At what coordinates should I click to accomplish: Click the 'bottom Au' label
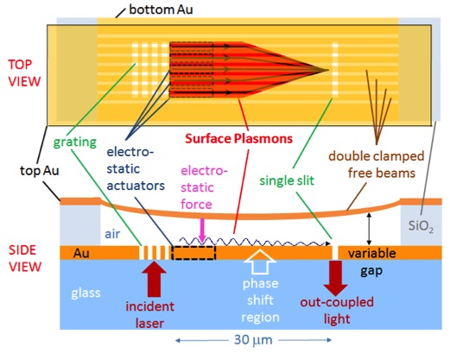coord(161,9)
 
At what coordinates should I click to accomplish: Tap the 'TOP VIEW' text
coord(24,73)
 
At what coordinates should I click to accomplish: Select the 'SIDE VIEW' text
coord(25,258)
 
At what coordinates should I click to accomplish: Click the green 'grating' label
coord(75,142)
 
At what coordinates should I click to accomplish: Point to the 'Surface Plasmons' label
coord(238,138)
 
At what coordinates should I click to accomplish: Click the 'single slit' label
coord(287,180)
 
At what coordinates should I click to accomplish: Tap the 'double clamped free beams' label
coord(377,164)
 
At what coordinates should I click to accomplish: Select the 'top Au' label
coord(40,171)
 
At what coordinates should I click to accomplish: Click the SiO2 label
coord(421,226)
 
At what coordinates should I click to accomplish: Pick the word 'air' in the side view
coord(112,234)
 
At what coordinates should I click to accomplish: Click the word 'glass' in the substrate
coord(86,293)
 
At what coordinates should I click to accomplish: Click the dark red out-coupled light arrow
coord(335,278)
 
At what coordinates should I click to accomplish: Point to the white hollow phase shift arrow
coord(260,262)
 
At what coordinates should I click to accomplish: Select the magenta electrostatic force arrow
coord(202,231)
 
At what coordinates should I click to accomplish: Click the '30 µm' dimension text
coord(253,340)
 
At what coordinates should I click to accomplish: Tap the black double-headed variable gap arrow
coord(369,229)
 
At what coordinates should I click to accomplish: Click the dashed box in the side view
coord(193,253)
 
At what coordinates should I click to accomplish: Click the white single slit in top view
coord(335,70)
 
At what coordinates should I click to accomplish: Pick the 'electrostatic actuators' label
coord(136,169)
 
